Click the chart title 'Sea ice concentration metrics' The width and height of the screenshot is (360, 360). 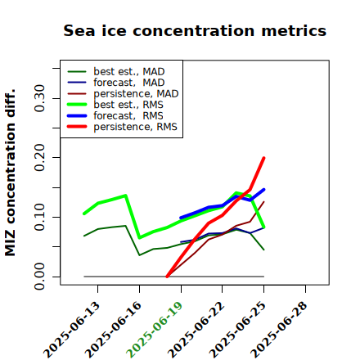pyautogui.click(x=195, y=30)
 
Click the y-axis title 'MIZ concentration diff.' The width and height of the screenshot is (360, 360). pyautogui.click(x=11, y=173)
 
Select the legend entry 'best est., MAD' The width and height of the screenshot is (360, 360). pyautogui.click(x=116, y=71)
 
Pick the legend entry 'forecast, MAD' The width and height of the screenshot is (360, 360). pyautogui.click(x=116, y=83)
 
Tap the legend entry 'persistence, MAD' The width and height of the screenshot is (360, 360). pyautogui.click(x=123, y=93)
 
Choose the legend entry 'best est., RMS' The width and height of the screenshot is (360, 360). pyautogui.click(x=115, y=105)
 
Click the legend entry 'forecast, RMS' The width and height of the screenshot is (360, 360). pyautogui.click(x=115, y=115)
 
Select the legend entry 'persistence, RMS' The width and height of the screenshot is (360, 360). pyautogui.click(x=122, y=127)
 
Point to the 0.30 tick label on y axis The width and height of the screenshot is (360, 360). pyautogui.click(x=40, y=98)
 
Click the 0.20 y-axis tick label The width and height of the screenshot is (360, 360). pyautogui.click(x=40, y=158)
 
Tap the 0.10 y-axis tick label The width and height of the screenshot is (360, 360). pyautogui.click(x=40, y=217)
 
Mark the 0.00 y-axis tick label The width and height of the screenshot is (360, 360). pyautogui.click(x=40, y=277)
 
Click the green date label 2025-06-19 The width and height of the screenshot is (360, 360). pyautogui.click(x=155, y=330)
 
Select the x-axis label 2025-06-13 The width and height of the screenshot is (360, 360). pyautogui.click(x=71, y=330)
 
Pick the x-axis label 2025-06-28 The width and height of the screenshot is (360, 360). pyautogui.click(x=279, y=330)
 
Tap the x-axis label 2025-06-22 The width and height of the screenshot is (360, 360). pyautogui.click(x=196, y=330)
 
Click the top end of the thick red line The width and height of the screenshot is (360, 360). pyautogui.click(x=264, y=158)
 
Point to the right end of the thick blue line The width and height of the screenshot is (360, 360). pyautogui.click(x=264, y=189)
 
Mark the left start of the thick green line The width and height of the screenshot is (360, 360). pyautogui.click(x=83, y=214)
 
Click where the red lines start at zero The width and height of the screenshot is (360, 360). pyautogui.click(x=167, y=277)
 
